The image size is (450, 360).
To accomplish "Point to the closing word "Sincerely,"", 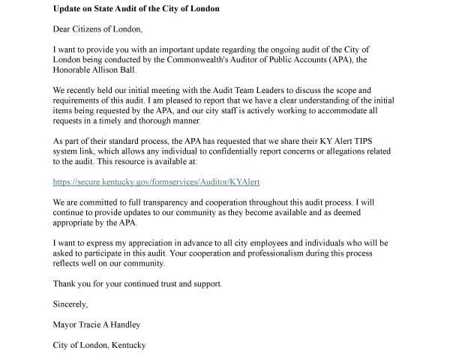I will coord(70,304).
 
